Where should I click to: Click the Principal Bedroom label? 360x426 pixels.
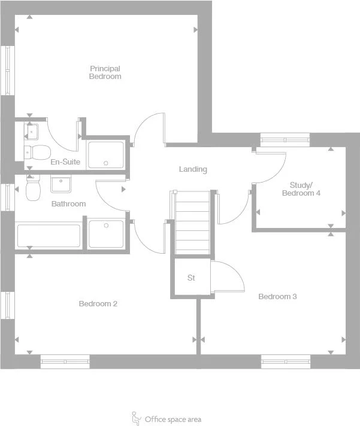click(105, 72)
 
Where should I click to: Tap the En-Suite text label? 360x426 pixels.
click(65, 162)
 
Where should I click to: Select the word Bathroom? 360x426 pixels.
click(68, 204)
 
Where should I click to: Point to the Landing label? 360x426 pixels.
click(193, 169)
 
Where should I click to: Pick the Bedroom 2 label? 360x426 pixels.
click(98, 304)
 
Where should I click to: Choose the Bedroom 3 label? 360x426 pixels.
click(277, 297)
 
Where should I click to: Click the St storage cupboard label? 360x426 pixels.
click(192, 278)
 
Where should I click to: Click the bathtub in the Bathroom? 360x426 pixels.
click(49, 235)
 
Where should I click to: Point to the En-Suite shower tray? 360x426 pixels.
click(106, 154)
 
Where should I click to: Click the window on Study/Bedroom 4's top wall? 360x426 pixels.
click(285, 140)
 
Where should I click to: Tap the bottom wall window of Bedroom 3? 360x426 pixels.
click(285, 361)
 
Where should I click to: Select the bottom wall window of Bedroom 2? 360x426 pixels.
click(65, 361)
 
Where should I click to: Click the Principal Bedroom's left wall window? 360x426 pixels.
click(7, 70)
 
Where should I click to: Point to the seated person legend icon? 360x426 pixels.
click(137, 418)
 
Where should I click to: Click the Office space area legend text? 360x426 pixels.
click(173, 419)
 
